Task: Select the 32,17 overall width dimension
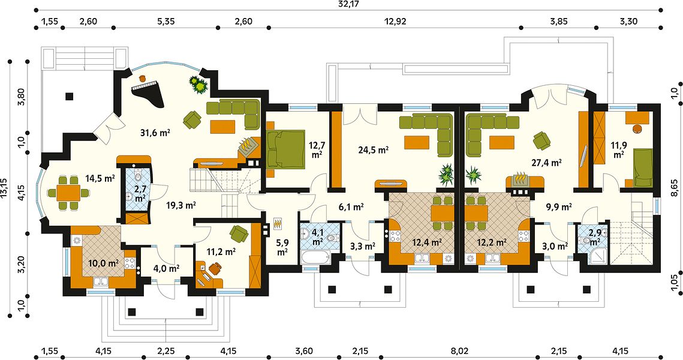pyautogui.click(x=348, y=4)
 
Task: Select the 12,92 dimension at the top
pyautogui.click(x=395, y=22)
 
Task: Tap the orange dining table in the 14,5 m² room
pyautogui.click(x=69, y=192)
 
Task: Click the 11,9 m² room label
pyautogui.click(x=618, y=149)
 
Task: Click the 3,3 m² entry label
pyautogui.click(x=363, y=246)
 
